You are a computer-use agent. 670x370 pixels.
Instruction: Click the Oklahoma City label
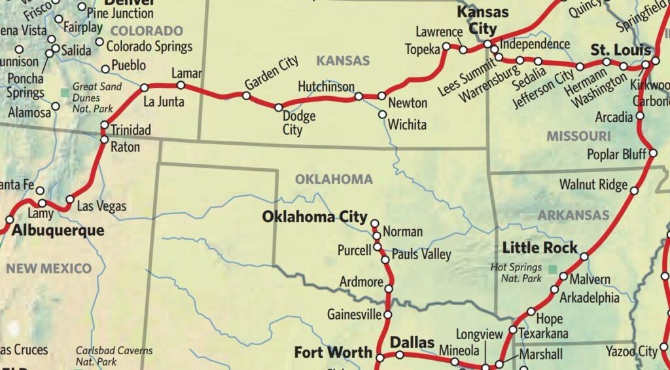point(315,217)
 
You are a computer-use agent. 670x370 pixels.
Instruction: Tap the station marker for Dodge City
point(279,107)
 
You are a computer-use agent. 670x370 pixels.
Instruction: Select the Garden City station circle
point(246,96)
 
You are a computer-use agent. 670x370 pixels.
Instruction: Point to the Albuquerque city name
point(58,231)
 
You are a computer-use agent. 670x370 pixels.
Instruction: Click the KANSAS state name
point(343,60)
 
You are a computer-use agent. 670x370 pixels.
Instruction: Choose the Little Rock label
point(540,248)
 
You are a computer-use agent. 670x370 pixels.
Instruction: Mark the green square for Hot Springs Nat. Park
point(554,269)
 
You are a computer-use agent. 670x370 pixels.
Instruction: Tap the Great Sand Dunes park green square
point(64,93)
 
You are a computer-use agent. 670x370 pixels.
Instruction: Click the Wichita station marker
point(382,114)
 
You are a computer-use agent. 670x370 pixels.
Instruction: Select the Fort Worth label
point(333,352)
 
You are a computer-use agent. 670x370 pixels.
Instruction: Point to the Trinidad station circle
point(103,125)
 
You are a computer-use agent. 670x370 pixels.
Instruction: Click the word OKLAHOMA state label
point(334,179)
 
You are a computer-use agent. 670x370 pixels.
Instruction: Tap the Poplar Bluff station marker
point(652,154)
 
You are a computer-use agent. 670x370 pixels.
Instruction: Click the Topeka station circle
point(446,46)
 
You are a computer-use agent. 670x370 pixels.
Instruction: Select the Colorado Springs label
point(149,46)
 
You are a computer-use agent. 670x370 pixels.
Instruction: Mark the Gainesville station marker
point(387,314)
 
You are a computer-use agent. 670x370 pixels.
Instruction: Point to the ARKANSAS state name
point(573,215)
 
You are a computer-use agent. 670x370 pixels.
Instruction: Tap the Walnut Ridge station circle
point(633,191)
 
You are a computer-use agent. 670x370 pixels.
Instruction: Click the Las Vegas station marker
point(70,200)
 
